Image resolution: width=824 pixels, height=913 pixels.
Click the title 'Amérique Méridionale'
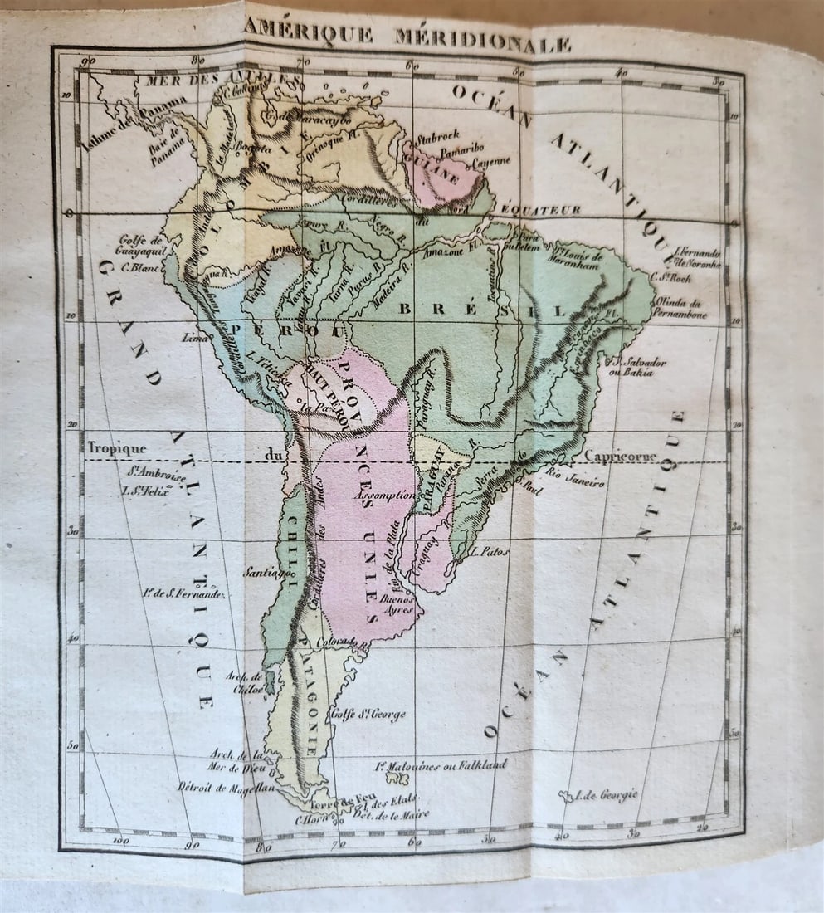click(x=407, y=35)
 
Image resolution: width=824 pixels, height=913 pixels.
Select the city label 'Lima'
click(x=197, y=338)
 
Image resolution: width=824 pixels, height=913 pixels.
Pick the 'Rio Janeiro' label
click(x=576, y=478)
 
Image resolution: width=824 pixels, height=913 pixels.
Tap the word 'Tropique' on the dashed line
click(x=117, y=448)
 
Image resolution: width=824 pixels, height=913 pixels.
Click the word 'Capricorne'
click(x=621, y=456)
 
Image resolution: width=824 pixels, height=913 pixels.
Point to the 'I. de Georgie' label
click(x=604, y=795)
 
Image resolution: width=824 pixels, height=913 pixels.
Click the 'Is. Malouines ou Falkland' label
click(x=441, y=764)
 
